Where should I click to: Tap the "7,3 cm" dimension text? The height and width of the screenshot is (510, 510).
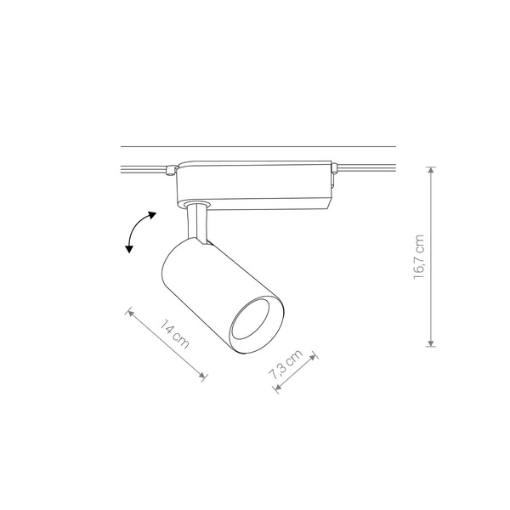point(286,367)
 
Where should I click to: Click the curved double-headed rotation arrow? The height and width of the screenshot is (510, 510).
point(136,232)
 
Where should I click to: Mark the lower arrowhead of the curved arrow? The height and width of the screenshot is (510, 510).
point(128,249)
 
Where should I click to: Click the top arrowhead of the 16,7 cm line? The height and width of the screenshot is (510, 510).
point(432,170)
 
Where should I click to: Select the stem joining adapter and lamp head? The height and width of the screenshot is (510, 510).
point(197,226)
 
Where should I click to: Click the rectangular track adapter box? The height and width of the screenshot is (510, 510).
point(255,185)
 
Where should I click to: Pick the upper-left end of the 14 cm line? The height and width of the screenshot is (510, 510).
point(129,312)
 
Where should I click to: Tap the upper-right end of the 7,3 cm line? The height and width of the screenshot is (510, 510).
point(317,355)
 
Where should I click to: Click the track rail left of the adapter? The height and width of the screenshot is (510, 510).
point(144,168)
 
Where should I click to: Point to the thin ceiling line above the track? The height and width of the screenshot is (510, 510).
point(255,147)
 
